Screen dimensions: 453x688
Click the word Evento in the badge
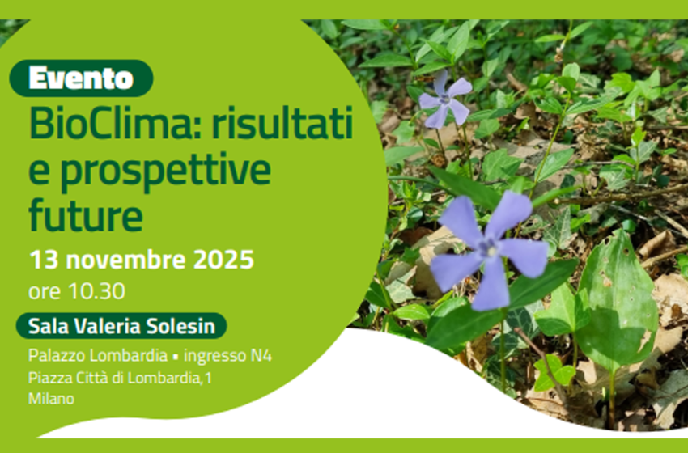click(80, 78)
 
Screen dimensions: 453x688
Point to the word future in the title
click(85, 214)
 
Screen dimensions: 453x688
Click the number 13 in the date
click(44, 260)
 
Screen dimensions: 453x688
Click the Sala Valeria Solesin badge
click(121, 326)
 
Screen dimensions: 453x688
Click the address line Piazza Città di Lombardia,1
click(120, 377)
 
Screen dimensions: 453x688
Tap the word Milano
click(51, 398)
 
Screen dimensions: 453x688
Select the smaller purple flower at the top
click(444, 99)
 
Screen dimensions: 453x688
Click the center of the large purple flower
click(489, 248)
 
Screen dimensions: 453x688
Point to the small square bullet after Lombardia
click(174, 356)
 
